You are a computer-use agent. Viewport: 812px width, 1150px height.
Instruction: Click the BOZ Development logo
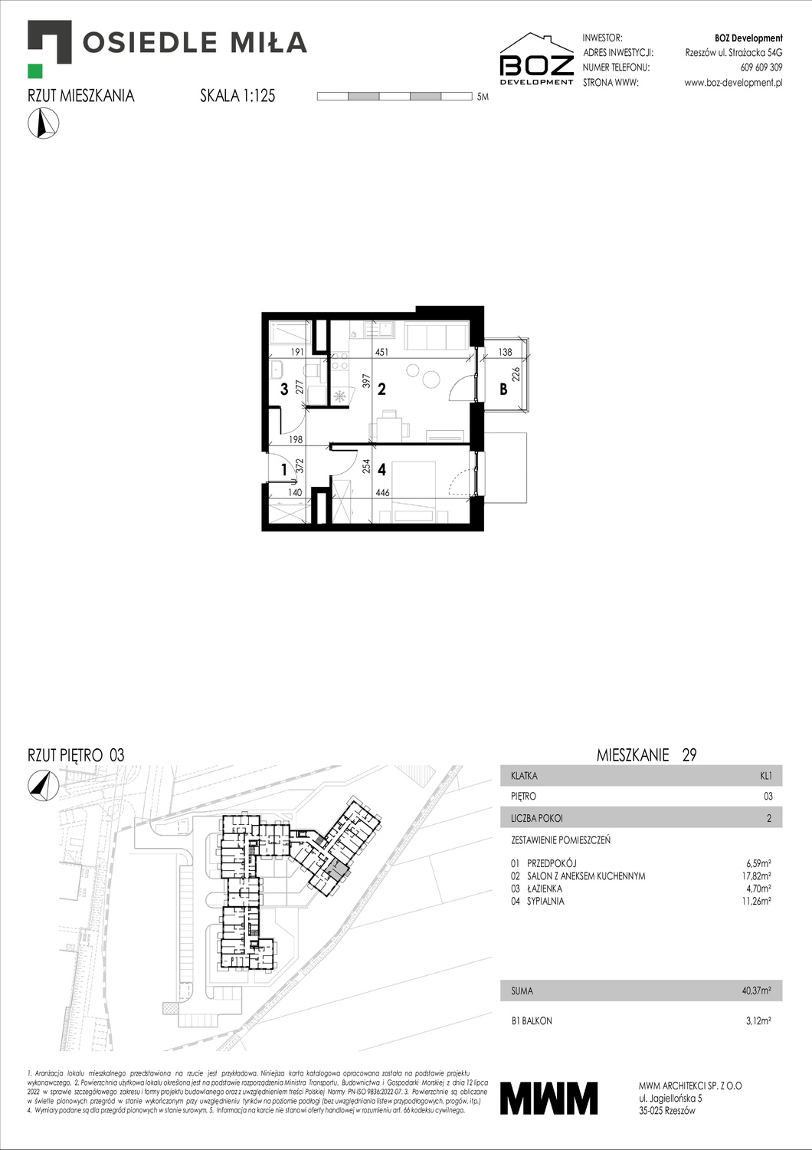536,59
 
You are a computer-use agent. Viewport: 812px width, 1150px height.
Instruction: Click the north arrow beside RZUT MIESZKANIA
44,123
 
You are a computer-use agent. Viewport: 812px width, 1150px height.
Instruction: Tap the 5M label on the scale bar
482,97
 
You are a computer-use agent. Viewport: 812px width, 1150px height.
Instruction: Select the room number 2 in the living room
381,389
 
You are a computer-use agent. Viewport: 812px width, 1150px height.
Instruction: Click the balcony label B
503,389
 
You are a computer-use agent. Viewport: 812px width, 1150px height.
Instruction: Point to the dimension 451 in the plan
381,353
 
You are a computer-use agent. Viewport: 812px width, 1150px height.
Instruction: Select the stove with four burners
339,364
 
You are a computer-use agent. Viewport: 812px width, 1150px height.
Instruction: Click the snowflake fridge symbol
339,396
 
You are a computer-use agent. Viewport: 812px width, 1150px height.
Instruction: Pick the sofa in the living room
436,335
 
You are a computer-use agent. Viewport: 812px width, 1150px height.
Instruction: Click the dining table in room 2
390,426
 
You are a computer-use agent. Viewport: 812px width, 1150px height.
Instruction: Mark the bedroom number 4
381,469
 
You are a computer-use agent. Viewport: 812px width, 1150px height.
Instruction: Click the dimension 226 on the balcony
516,374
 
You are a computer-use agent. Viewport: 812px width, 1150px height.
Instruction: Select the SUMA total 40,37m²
756,991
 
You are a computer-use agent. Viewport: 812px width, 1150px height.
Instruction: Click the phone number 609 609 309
761,67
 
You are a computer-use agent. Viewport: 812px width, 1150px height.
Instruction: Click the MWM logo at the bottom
548,1098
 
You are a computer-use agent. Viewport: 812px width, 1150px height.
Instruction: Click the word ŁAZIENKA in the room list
544,889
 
